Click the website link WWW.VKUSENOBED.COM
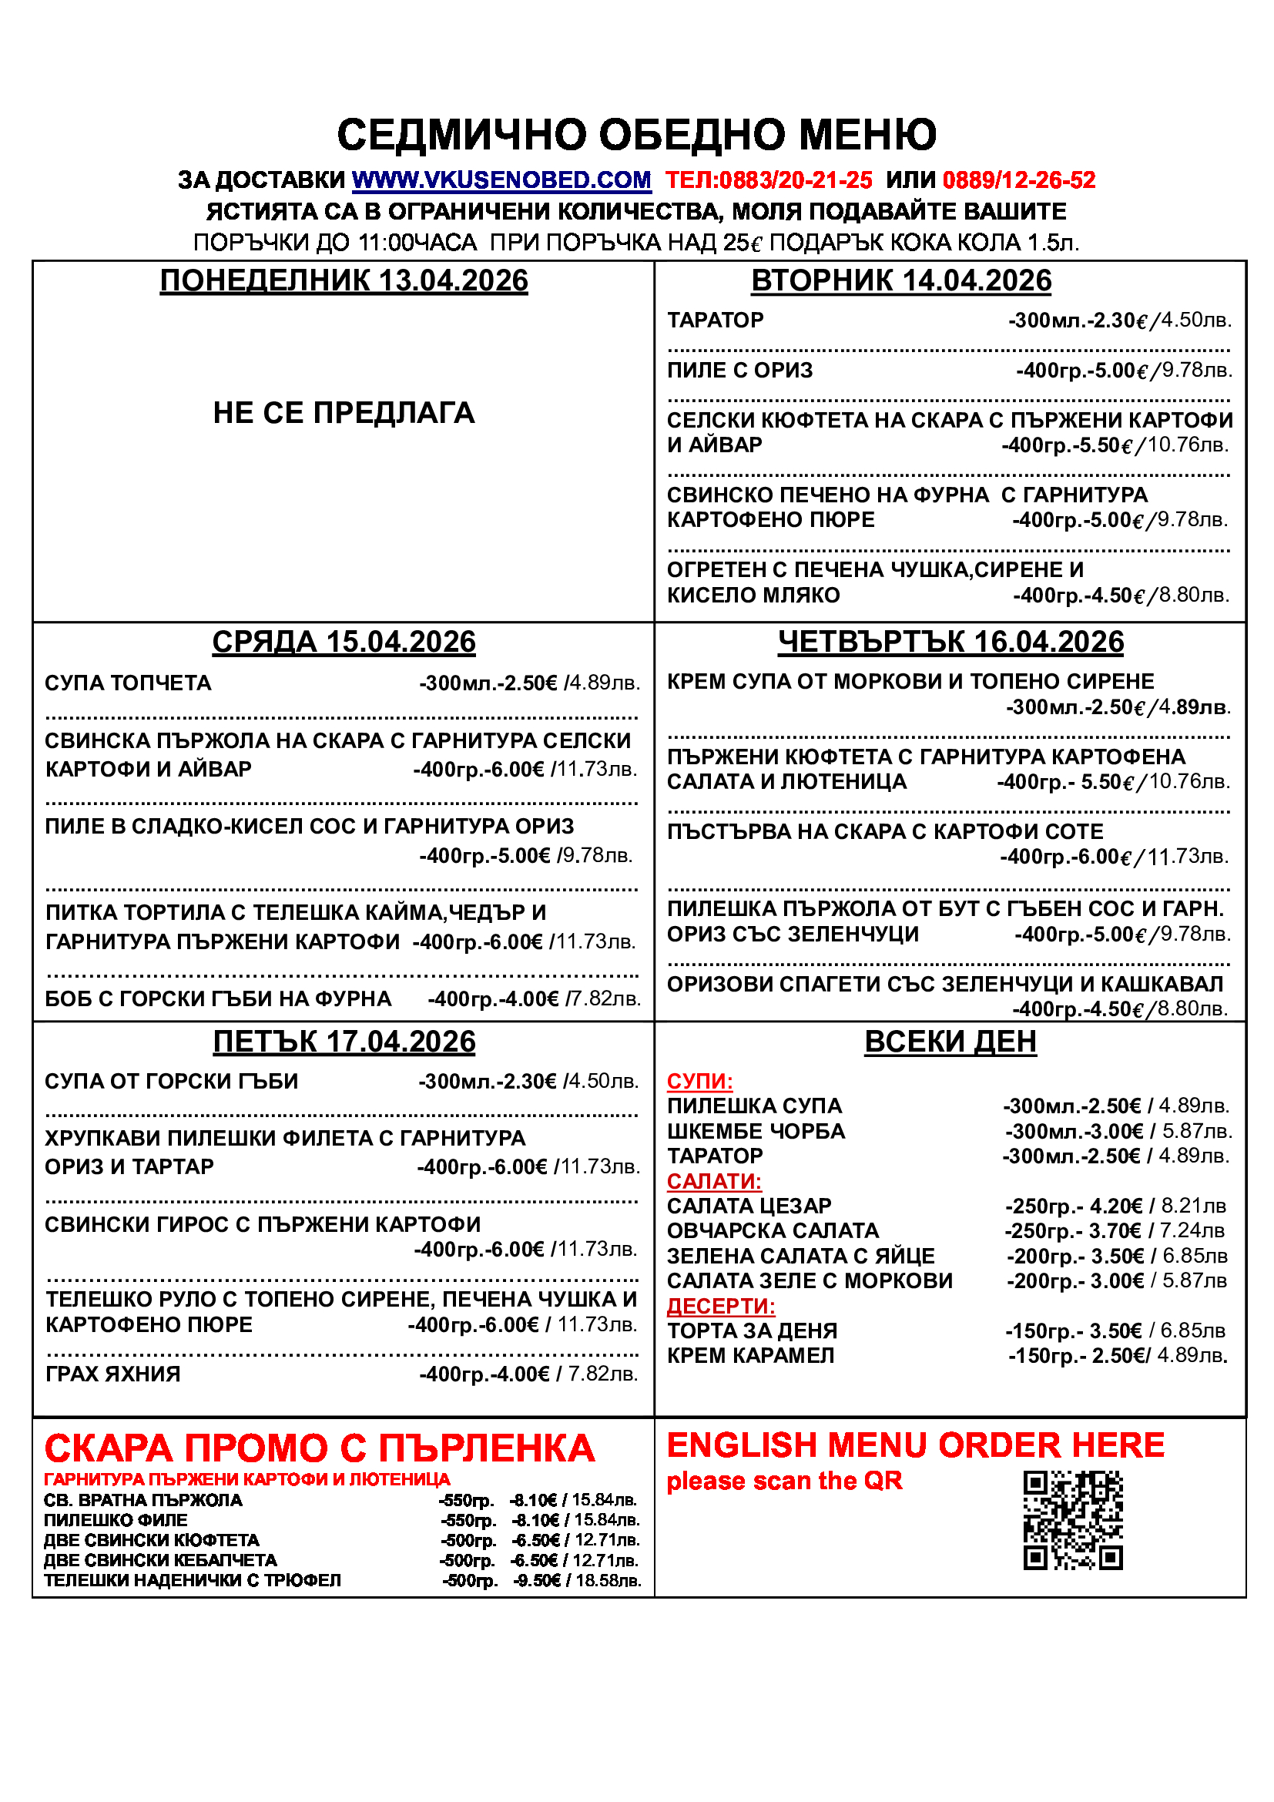tap(501, 180)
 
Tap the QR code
tap(1072, 1520)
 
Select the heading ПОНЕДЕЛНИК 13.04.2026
tap(344, 281)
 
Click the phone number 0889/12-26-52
tap(1018, 180)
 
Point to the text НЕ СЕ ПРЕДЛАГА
tap(344, 413)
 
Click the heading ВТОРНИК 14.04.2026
tap(900, 281)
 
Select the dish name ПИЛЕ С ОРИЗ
tap(739, 371)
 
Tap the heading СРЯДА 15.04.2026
tap(344, 642)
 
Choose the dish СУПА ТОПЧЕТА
tap(128, 683)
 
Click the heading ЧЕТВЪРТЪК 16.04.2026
tap(950, 642)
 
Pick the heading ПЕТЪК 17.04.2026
tap(344, 1042)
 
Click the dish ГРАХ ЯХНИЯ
tap(113, 1374)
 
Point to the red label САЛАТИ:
tap(714, 1181)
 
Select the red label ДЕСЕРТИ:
tap(720, 1306)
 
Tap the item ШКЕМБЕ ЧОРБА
tap(756, 1131)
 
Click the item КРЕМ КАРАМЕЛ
tap(750, 1355)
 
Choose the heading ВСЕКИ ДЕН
tap(950, 1042)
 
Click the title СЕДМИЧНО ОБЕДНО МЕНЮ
tap(636, 134)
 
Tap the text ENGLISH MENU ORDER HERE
tap(916, 1445)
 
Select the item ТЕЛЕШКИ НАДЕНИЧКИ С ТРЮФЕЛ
tap(193, 1580)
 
